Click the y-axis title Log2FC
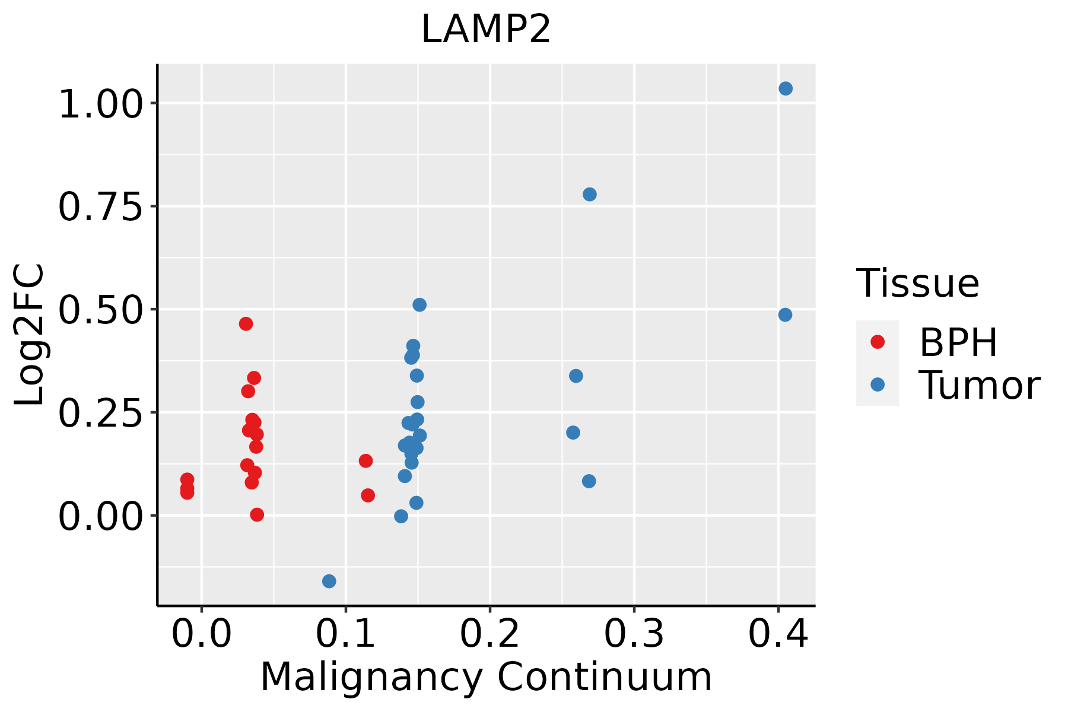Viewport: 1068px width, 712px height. coord(30,335)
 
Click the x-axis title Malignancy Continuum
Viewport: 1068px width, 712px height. coord(486,677)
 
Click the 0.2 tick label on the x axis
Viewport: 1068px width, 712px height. coord(490,634)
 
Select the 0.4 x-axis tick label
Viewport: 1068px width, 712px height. coord(778,634)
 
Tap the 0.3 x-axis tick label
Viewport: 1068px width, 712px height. coord(634,634)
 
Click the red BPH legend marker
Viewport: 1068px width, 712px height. coord(877,342)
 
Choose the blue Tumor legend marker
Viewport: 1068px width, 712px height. coord(877,384)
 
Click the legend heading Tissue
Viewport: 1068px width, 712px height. coord(917,284)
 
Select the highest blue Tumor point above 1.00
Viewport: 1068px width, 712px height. coord(786,89)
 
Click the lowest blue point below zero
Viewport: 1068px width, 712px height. coord(329,581)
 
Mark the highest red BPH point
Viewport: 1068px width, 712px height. coord(246,324)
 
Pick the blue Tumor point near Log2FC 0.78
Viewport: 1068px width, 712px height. coord(589,195)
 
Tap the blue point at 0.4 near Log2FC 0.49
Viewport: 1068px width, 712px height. coord(785,315)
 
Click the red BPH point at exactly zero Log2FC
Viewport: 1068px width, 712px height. coord(257,514)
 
